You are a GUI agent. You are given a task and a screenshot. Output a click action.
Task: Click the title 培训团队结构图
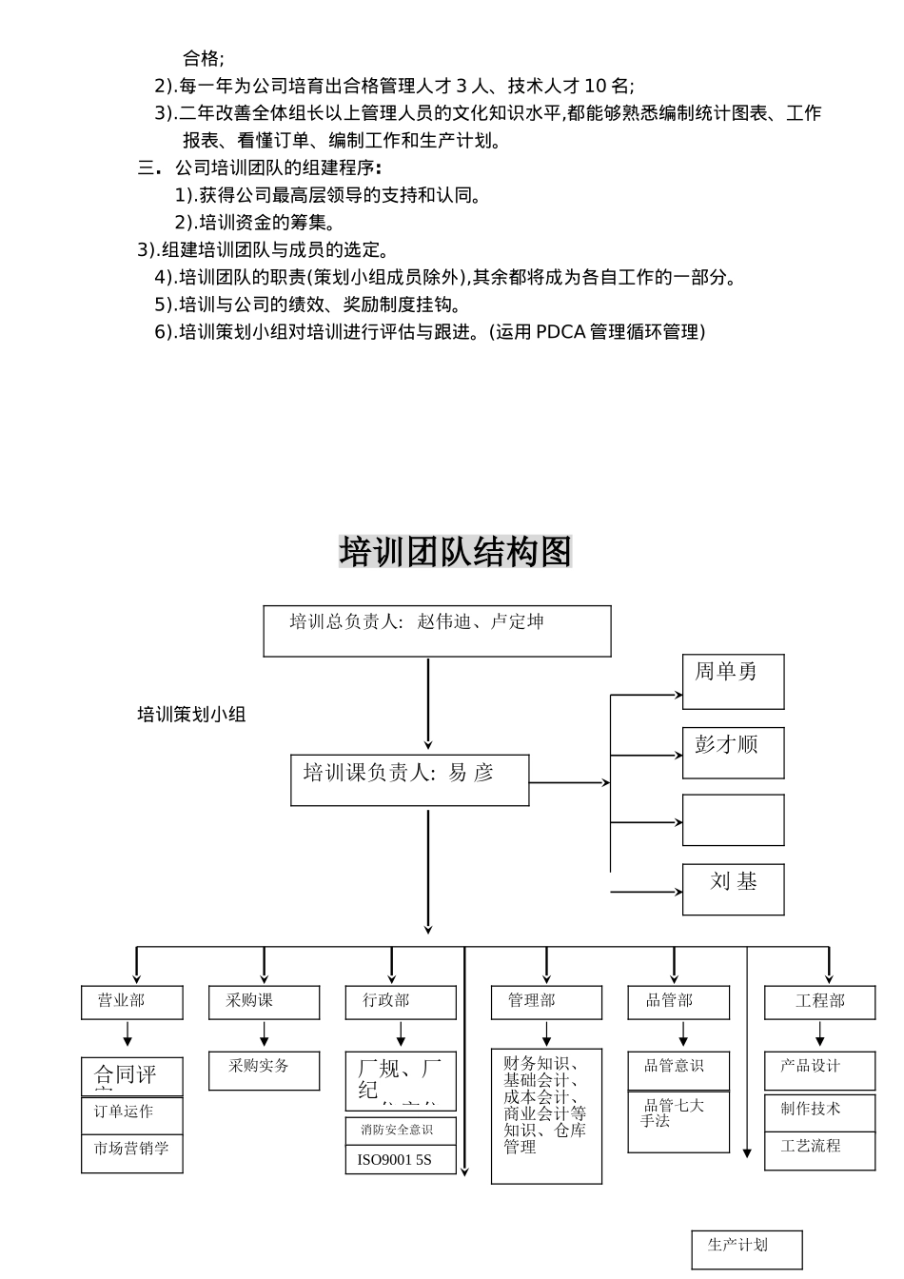click(x=455, y=552)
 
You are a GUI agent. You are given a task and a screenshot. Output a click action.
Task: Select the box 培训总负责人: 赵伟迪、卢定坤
click(x=437, y=630)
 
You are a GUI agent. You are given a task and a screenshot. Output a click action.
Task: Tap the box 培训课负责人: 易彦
click(x=409, y=779)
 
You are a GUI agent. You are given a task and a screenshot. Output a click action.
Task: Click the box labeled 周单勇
click(x=733, y=681)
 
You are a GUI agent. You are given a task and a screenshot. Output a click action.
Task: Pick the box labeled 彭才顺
click(x=733, y=753)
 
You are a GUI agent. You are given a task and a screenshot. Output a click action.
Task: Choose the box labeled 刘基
click(x=733, y=890)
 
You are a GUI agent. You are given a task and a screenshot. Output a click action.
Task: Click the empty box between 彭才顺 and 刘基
click(x=733, y=820)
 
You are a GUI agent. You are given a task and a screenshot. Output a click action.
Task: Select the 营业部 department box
click(x=131, y=1002)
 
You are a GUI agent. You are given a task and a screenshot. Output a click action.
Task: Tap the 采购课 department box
click(x=264, y=1002)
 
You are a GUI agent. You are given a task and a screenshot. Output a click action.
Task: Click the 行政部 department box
click(x=400, y=1002)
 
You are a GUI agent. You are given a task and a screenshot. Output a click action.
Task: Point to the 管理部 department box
click(x=546, y=1002)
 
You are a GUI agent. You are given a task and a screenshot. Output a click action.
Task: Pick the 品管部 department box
click(x=678, y=1002)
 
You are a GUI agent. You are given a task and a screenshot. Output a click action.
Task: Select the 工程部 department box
click(x=819, y=1002)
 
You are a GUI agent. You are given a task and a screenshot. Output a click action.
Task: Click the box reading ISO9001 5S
click(x=400, y=1160)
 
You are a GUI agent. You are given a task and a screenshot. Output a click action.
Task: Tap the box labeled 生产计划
click(x=746, y=1249)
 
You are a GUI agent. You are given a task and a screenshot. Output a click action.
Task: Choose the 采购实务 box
click(x=264, y=1071)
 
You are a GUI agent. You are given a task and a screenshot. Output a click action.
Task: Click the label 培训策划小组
click(x=191, y=715)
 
